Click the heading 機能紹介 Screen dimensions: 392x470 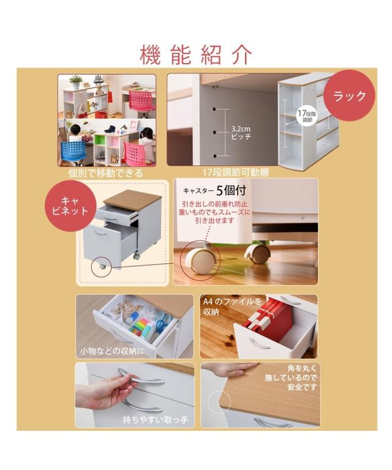click(196, 55)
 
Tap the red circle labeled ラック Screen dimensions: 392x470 click(349, 95)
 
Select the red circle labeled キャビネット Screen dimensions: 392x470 click(70, 206)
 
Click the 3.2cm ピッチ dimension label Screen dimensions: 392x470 click(241, 133)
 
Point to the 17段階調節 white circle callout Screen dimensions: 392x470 click(307, 117)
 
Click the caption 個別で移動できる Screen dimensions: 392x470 click(105, 173)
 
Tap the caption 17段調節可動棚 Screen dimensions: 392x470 click(236, 173)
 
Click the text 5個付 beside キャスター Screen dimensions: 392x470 click(232, 190)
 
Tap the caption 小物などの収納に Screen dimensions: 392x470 click(112, 351)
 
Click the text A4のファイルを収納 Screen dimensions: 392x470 click(232, 307)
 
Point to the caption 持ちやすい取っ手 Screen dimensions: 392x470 click(156, 420)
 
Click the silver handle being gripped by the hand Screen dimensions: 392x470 click(141, 378)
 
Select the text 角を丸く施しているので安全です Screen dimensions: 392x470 click(290, 378)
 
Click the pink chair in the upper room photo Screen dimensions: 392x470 click(142, 101)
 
